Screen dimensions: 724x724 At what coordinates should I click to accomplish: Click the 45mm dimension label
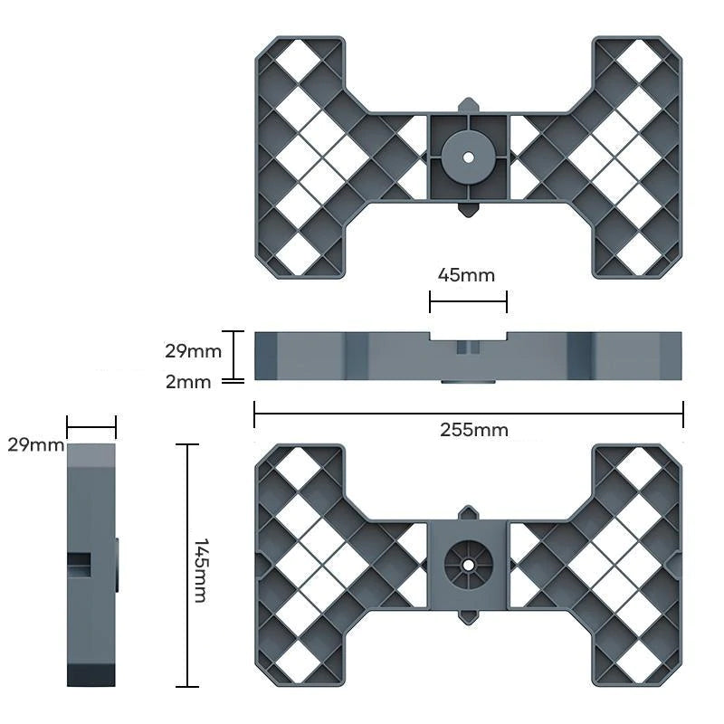tap(466, 275)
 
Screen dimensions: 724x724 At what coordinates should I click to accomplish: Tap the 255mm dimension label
tap(473, 431)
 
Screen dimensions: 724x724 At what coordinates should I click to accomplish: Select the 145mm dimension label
tap(200, 570)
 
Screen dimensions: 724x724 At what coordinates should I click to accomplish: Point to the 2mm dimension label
tap(188, 382)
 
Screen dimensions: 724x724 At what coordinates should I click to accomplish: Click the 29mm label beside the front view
tap(193, 351)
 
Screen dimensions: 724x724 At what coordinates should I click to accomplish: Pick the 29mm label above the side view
tap(36, 445)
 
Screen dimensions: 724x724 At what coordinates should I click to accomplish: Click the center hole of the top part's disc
tap(468, 157)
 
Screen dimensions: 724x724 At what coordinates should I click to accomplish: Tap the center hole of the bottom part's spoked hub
tap(468, 565)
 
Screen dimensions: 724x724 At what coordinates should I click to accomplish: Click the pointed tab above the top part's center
tap(468, 105)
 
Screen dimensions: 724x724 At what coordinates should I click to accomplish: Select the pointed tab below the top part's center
tap(468, 209)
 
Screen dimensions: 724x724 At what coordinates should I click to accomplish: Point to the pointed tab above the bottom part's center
tap(468, 513)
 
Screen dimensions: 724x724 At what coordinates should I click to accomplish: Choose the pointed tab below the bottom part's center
tap(468, 617)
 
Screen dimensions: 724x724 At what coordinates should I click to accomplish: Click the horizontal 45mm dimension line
tap(468, 301)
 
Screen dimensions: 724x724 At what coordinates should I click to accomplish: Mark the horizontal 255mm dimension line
tap(468, 414)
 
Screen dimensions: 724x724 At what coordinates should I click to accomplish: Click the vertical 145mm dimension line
tap(187, 566)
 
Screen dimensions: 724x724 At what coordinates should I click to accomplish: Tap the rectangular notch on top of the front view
tap(468, 336)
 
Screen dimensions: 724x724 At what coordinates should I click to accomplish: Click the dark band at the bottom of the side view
tap(91, 676)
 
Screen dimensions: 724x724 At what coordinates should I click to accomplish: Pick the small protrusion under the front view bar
tap(468, 382)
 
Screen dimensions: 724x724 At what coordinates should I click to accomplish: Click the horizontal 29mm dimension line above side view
tap(91, 427)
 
